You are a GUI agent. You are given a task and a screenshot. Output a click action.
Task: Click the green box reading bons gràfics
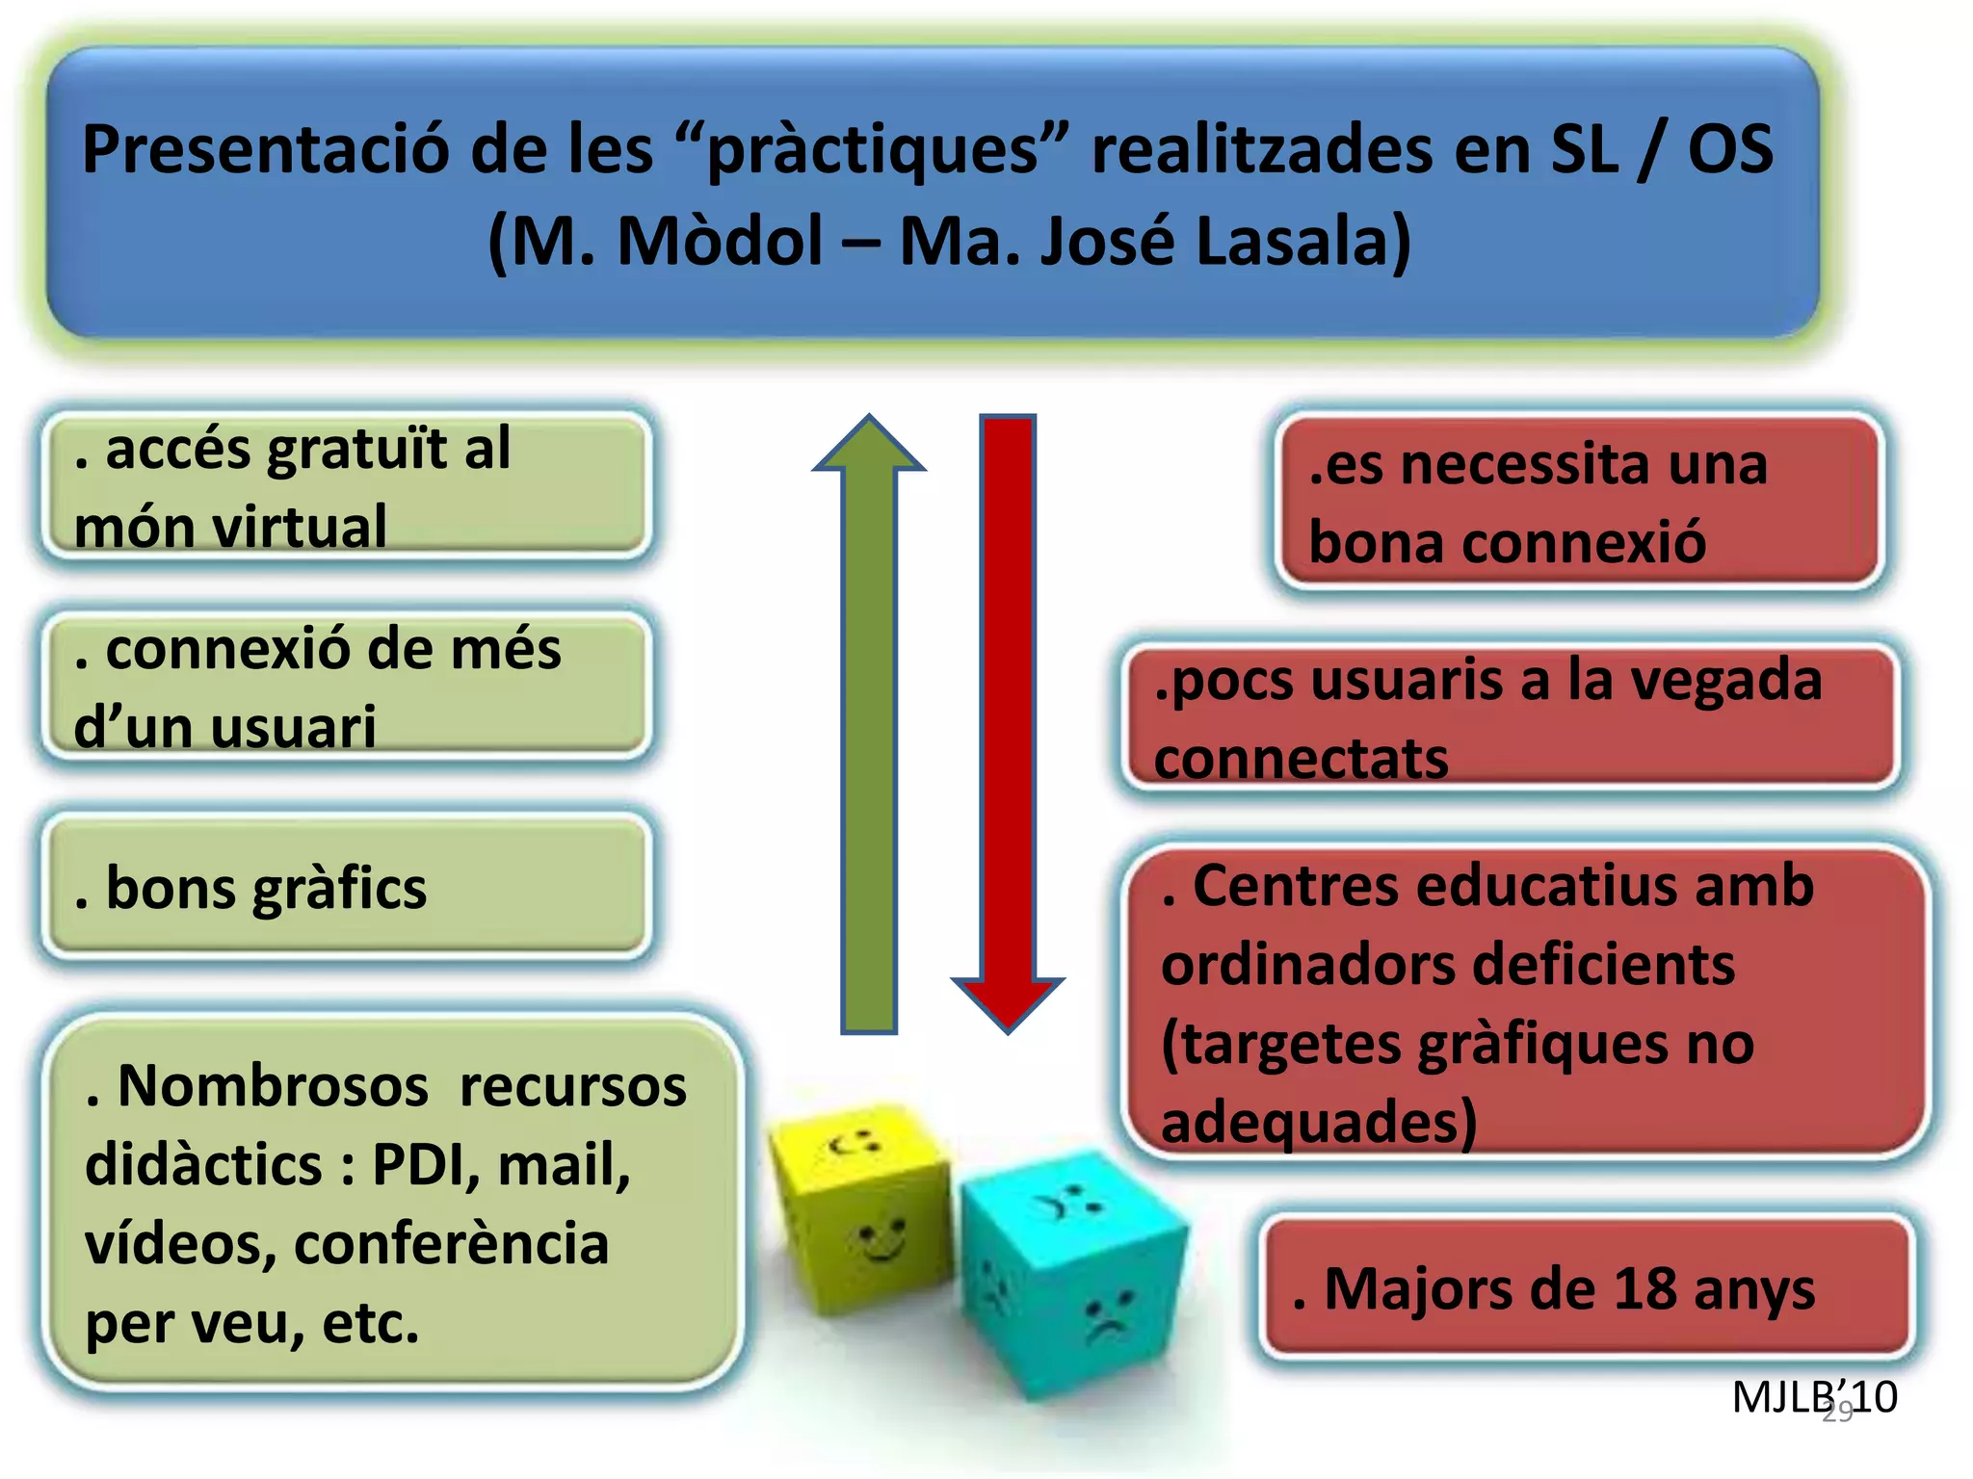coord(347,887)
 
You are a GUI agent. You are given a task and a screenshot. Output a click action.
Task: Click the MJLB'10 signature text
coord(1813,1397)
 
